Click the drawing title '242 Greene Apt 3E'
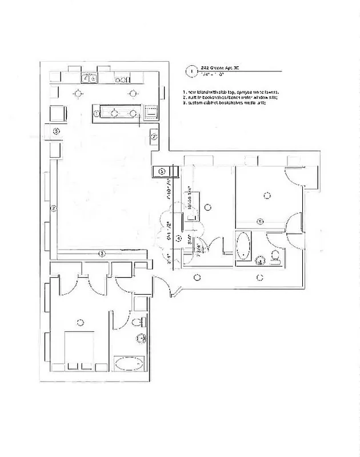point(219,67)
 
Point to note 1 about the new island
point(230,92)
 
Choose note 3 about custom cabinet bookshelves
point(224,103)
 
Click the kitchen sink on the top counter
point(89,78)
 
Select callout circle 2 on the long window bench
point(53,209)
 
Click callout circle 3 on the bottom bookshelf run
point(102,253)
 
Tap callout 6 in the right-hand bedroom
point(260,221)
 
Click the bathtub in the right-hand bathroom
point(244,248)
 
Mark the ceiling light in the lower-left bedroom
point(81,321)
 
